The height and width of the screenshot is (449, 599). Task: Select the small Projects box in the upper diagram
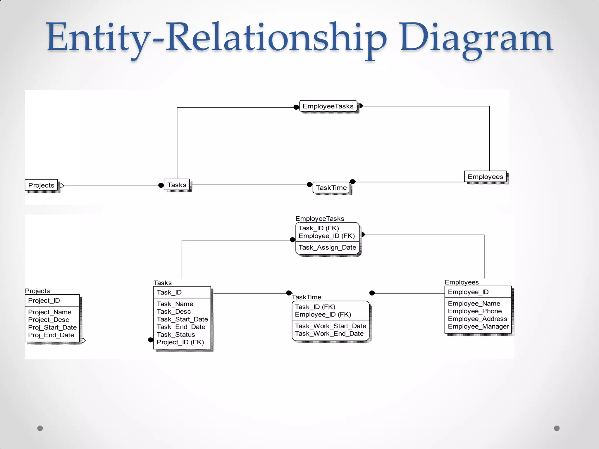coord(41,185)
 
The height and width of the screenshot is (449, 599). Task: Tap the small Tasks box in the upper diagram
coord(177,185)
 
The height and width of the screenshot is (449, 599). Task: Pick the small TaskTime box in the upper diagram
coord(331,188)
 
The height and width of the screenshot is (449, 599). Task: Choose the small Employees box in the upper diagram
coord(485,177)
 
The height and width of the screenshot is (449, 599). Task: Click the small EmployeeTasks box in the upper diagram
coord(328,106)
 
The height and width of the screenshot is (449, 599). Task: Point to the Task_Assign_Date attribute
coord(327,248)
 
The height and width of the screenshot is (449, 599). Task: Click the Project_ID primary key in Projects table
coord(44,301)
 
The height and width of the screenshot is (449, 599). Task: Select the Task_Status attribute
coord(176,335)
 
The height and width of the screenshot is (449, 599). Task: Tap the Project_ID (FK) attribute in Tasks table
coord(180,342)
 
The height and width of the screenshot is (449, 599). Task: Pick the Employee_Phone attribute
coord(475,311)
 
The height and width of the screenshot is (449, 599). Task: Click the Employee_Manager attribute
coord(478,327)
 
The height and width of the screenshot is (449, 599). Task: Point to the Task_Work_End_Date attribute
coord(329,334)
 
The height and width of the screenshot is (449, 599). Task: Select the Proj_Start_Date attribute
coord(52,327)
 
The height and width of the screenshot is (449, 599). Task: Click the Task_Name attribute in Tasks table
coord(175,304)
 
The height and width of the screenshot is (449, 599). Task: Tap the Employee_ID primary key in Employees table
coord(468,292)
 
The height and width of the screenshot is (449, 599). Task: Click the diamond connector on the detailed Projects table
coord(83,340)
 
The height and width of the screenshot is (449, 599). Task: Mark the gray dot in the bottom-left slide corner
coord(40,428)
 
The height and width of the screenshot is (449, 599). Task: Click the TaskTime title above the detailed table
coord(307,297)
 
